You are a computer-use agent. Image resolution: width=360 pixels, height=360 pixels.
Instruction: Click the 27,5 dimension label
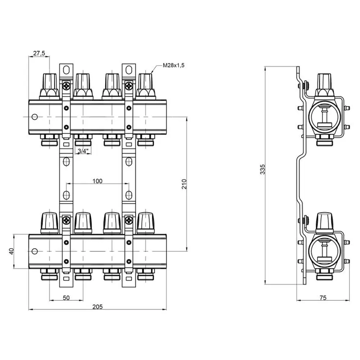39,53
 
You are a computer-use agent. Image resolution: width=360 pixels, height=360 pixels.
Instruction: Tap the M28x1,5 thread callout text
176,66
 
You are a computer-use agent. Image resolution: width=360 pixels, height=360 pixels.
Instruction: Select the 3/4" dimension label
81,151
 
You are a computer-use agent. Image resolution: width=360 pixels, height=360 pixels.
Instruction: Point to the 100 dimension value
97,181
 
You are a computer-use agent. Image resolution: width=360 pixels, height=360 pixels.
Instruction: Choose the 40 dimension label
11,251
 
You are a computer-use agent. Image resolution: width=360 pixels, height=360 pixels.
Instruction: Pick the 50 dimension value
66,297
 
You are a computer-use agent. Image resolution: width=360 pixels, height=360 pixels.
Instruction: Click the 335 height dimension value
262,169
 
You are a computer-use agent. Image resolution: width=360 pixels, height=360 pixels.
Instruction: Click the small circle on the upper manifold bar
35,117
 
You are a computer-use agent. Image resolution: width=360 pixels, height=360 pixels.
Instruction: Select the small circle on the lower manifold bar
35,251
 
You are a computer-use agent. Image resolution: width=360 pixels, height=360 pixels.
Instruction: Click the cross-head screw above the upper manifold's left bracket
66,86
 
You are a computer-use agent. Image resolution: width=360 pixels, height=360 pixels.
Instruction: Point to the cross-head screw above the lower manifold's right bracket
129,220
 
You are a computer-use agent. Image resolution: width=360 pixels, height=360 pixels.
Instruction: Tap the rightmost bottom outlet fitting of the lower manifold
145,275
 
